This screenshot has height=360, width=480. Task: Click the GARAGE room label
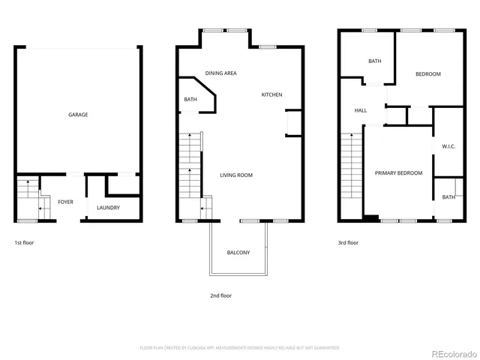(78, 115)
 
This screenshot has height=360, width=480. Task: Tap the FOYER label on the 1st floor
(65, 202)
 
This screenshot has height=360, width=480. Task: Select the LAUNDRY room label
(109, 208)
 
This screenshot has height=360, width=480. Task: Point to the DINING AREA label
(221, 73)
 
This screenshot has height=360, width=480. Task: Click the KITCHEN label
(271, 94)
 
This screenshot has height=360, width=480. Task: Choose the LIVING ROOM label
(236, 175)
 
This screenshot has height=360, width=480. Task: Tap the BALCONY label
(238, 252)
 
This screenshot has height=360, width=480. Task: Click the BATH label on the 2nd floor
(190, 99)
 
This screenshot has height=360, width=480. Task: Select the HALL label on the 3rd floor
(361, 110)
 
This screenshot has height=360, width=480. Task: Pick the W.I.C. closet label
(448, 146)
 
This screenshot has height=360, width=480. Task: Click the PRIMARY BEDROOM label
(398, 172)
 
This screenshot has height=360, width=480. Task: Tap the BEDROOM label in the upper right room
(428, 73)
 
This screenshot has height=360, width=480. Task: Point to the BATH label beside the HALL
(375, 61)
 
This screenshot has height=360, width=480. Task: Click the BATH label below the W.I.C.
(448, 197)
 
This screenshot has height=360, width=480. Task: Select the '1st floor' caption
(24, 243)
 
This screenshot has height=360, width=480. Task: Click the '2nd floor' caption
(220, 295)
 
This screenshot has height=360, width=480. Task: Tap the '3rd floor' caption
(348, 243)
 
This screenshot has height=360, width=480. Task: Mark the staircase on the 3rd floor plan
(350, 176)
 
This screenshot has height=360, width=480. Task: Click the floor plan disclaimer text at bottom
(239, 347)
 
